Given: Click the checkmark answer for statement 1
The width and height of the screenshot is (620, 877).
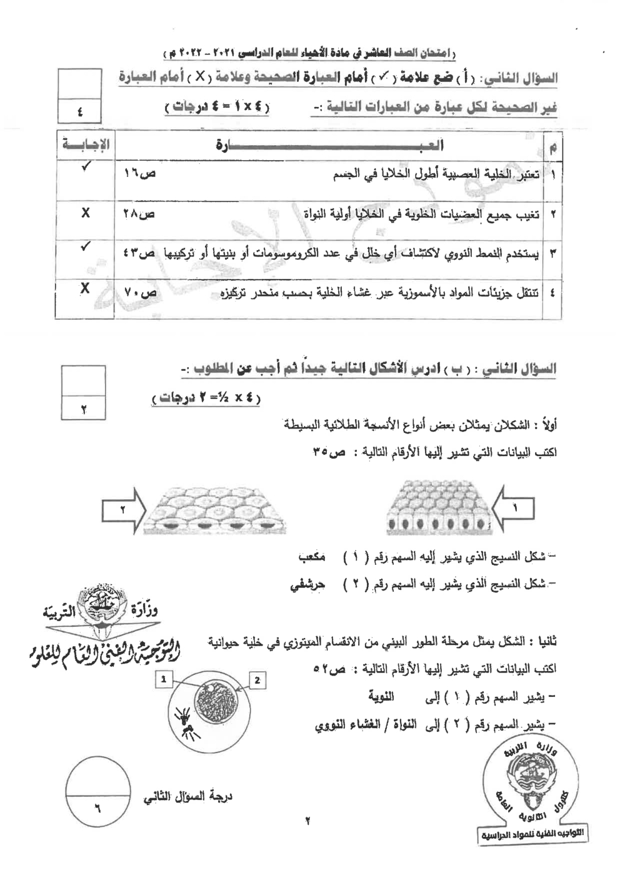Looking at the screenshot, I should tap(86, 166).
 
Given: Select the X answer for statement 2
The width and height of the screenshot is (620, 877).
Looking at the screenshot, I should tap(86, 213).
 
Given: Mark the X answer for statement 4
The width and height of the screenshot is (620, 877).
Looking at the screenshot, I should tap(85, 288).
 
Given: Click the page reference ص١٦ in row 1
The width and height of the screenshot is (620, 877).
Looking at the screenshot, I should tap(139, 173).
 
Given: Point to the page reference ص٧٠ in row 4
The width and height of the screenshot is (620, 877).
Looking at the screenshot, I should tap(139, 293).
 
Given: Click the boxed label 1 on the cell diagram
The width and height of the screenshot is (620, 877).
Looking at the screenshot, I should tap(164, 678).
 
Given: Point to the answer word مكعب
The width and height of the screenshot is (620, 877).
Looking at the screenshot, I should tap(311, 557).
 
